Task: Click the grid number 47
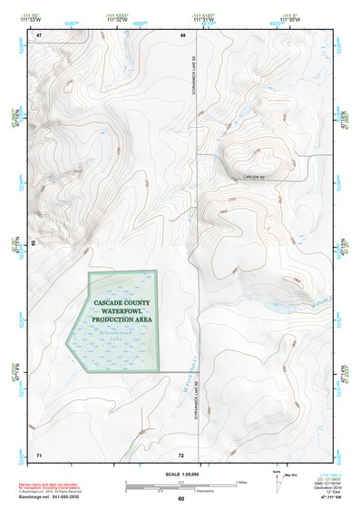pyautogui.click(x=39, y=35)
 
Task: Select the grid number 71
pyautogui.click(x=39, y=453)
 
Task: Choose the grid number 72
pyautogui.click(x=181, y=453)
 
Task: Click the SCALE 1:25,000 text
pyautogui.click(x=180, y=473)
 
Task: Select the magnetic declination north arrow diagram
pyautogui.click(x=277, y=484)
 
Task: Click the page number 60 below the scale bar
pyautogui.click(x=181, y=500)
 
